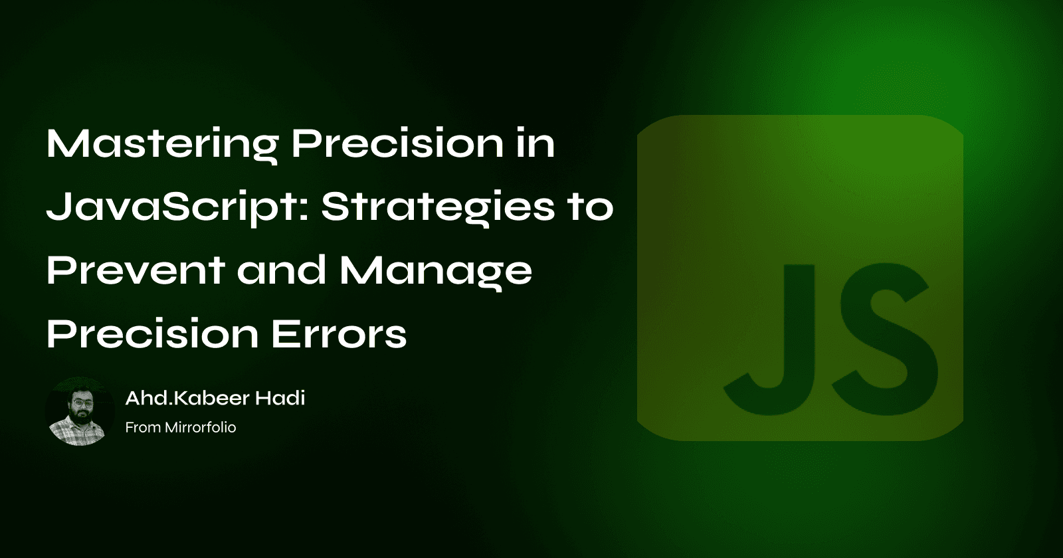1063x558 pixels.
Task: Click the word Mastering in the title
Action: pyautogui.click(x=161, y=144)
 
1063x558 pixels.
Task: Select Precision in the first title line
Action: pyautogui.click(x=397, y=143)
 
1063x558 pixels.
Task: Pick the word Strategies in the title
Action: pyautogui.click(x=438, y=208)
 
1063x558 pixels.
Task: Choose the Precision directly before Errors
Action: pyautogui.click(x=152, y=333)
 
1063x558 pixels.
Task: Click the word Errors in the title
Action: pyautogui.click(x=339, y=333)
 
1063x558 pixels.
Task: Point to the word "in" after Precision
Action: pyautogui.click(x=535, y=143)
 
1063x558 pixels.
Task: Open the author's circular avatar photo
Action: pyautogui.click(x=80, y=412)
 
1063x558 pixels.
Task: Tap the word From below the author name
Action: pyautogui.click(x=142, y=427)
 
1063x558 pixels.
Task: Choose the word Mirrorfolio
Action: pyautogui.click(x=200, y=427)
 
